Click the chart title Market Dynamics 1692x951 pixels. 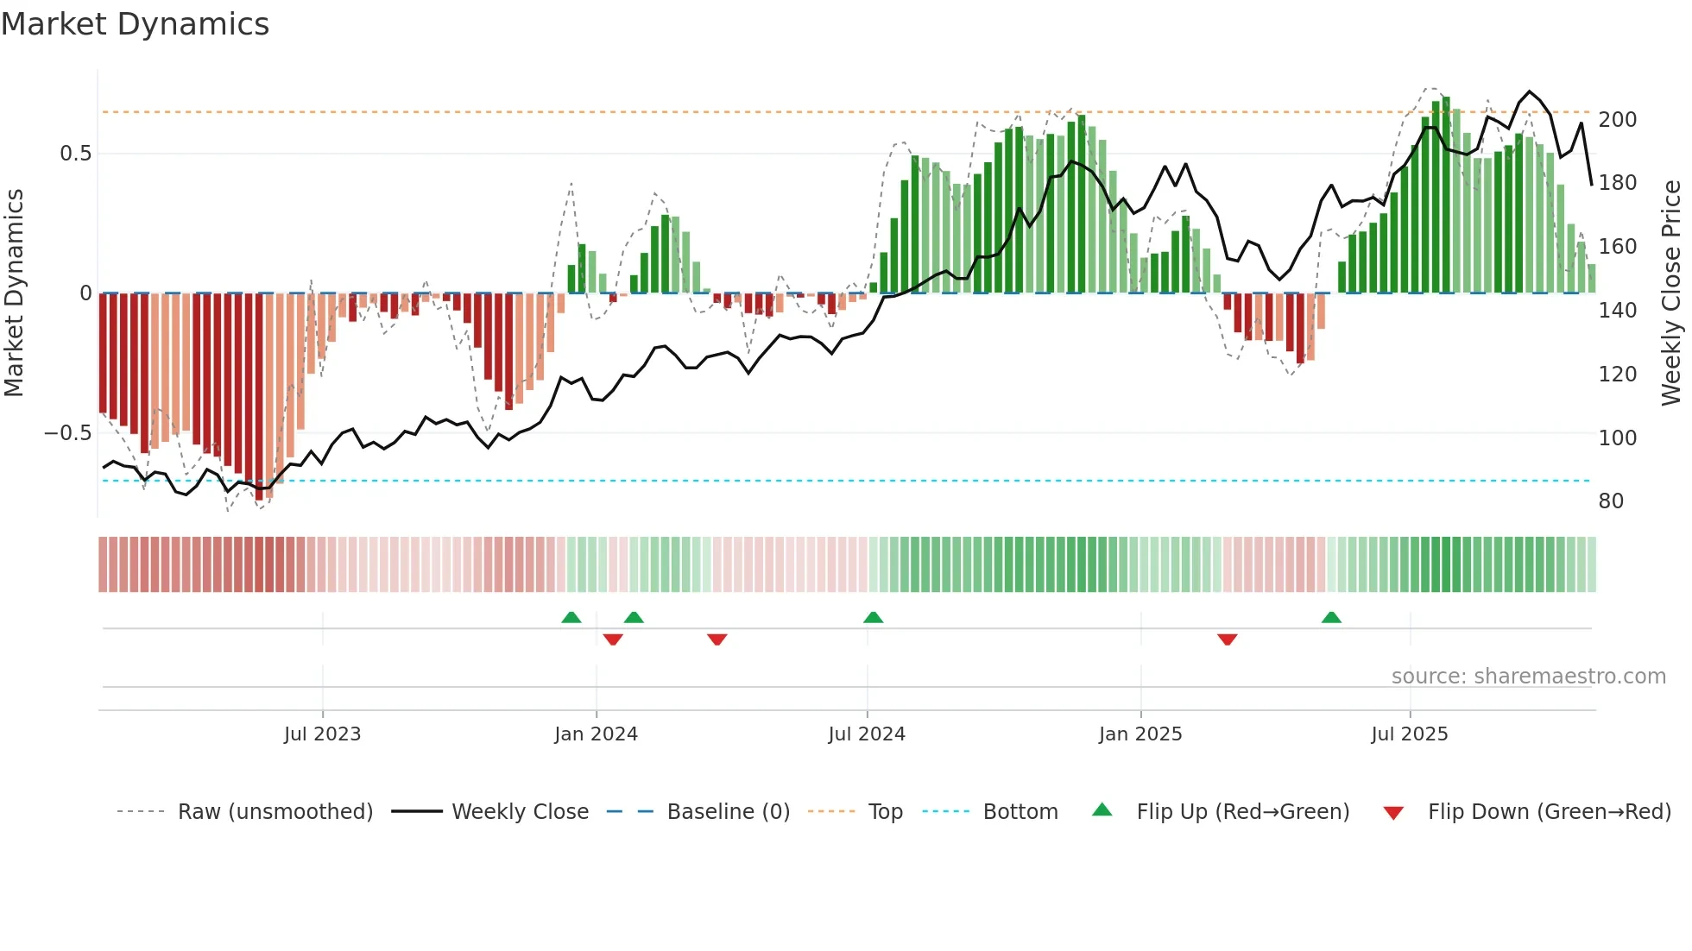pyautogui.click(x=135, y=24)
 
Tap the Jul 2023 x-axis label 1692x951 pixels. pyautogui.click(x=322, y=734)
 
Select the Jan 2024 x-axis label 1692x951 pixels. pyautogui.click(x=596, y=734)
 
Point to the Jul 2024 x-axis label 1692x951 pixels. pyautogui.click(x=867, y=734)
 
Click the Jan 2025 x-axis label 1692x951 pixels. pyautogui.click(x=1140, y=734)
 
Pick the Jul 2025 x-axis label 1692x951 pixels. pyautogui.click(x=1410, y=734)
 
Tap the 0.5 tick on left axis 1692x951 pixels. pyautogui.click(x=75, y=154)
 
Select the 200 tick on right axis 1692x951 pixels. pyautogui.click(x=1617, y=120)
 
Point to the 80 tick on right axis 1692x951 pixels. pyautogui.click(x=1611, y=501)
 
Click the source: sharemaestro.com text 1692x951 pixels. pyautogui.click(x=1528, y=677)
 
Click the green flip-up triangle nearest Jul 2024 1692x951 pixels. pyautogui.click(x=873, y=617)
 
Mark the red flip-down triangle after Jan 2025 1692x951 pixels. pyautogui.click(x=1227, y=639)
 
